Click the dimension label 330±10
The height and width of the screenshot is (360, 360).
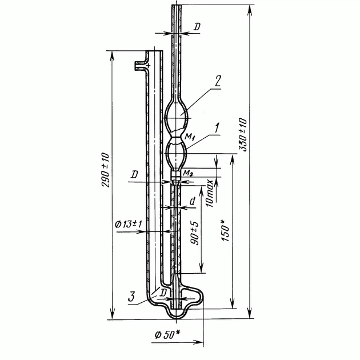click(x=243, y=134)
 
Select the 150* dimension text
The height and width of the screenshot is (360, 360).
click(x=226, y=230)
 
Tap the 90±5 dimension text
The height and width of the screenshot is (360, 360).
click(x=195, y=233)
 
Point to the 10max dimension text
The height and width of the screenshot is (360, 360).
click(x=210, y=193)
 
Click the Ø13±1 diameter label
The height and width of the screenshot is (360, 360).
click(x=129, y=224)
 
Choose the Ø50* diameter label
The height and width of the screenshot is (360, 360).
click(x=167, y=335)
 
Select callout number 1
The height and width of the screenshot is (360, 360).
click(x=217, y=129)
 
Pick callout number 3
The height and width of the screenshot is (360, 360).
click(x=131, y=297)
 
